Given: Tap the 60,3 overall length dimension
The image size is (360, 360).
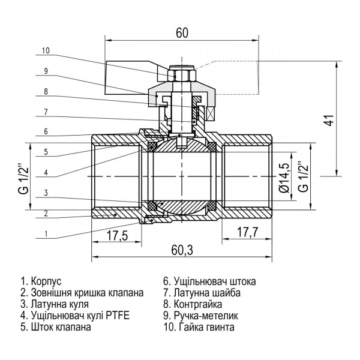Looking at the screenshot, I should tap(182, 250).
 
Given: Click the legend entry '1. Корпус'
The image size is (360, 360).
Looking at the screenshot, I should tap(41, 281).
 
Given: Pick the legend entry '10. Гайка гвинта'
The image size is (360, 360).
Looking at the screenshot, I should tap(199, 328).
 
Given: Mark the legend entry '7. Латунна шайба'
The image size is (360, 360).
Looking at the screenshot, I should tap(202, 293).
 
